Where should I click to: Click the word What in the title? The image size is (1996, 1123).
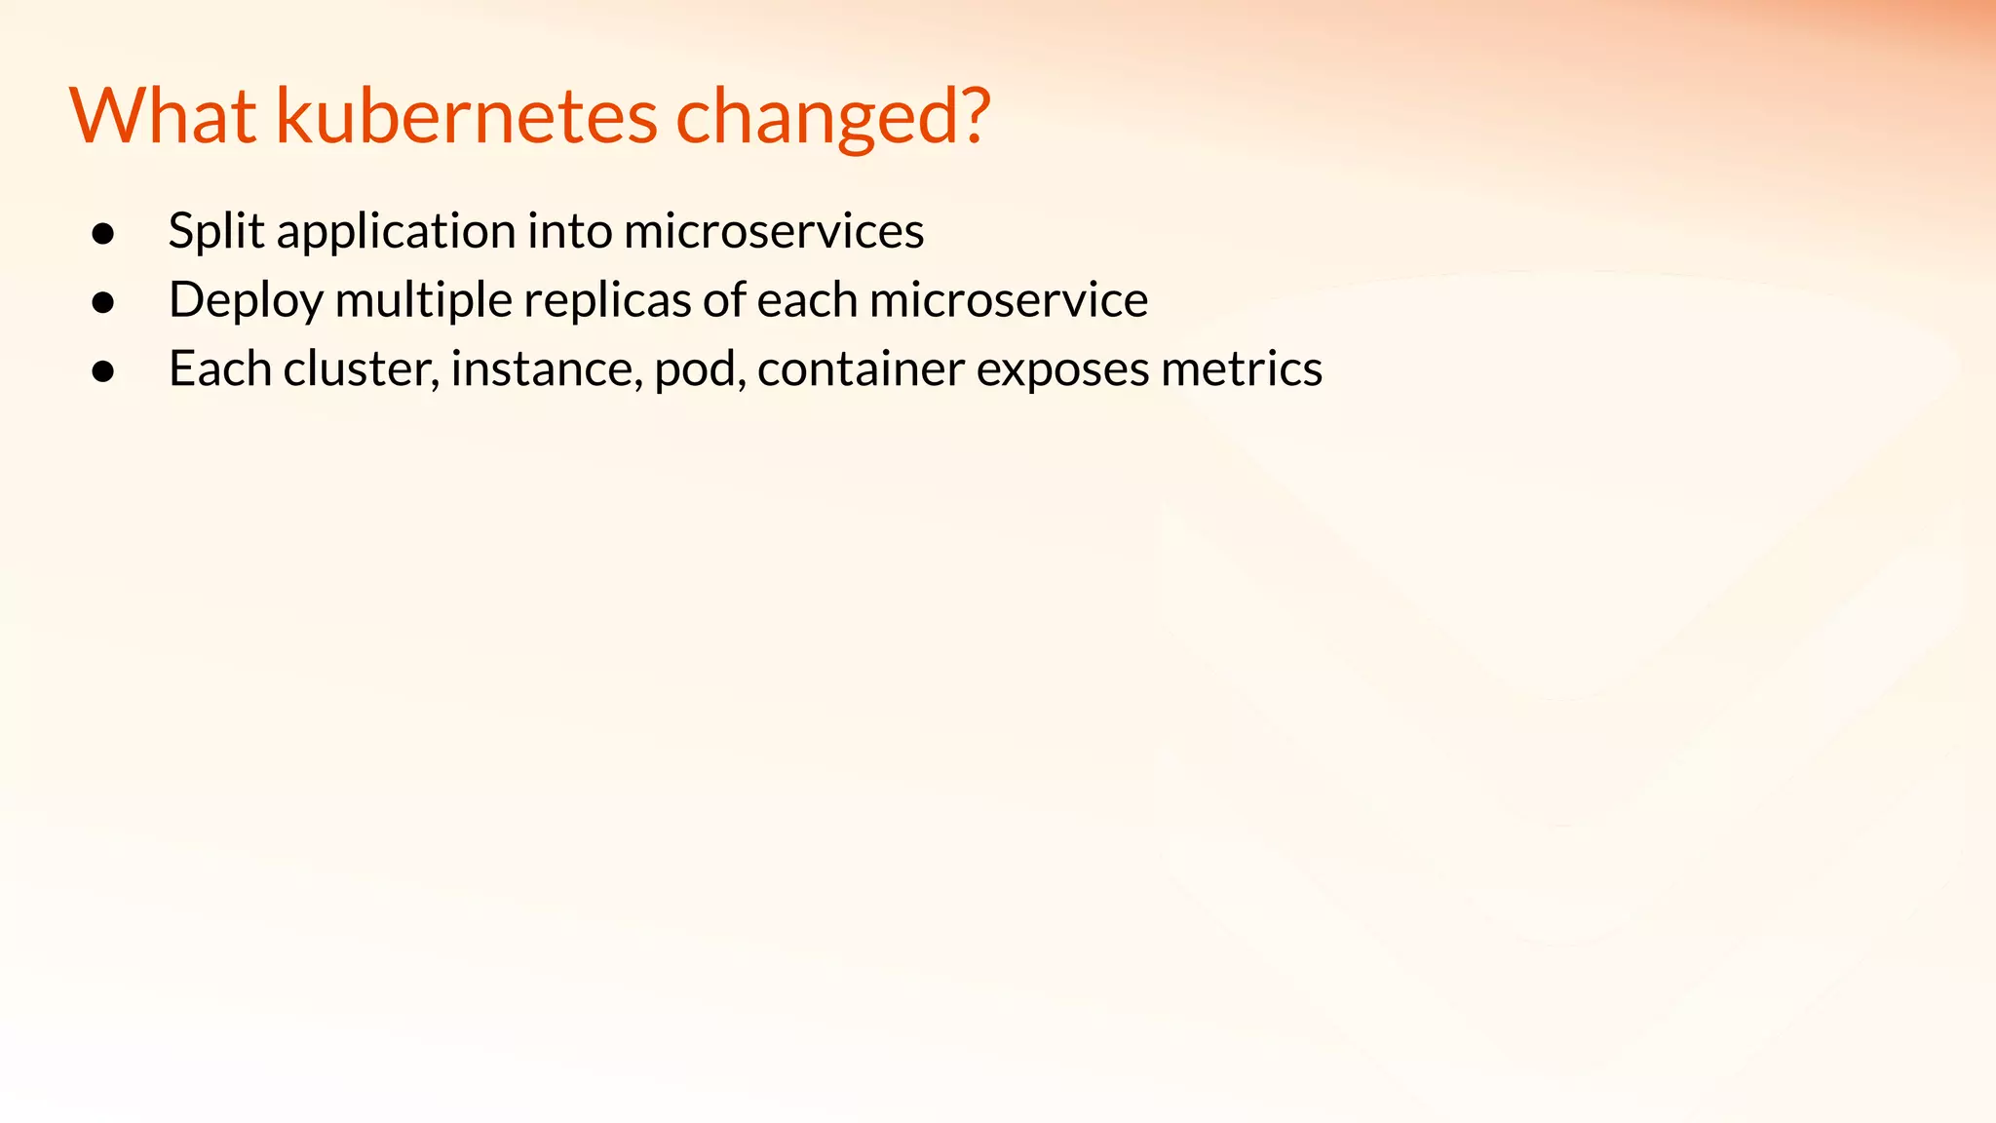pyautogui.click(x=163, y=116)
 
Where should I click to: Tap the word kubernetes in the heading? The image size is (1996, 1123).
pyautogui.click(x=467, y=116)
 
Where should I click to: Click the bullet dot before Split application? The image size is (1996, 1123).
pyautogui.click(x=103, y=234)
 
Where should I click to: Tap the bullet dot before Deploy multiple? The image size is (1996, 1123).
pyautogui.click(x=103, y=303)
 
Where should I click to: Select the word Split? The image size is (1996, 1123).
pyautogui.click(x=215, y=232)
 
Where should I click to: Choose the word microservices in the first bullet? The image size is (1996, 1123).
pyautogui.click(x=773, y=232)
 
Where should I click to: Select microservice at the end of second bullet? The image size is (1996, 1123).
pyautogui.click(x=1008, y=300)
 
